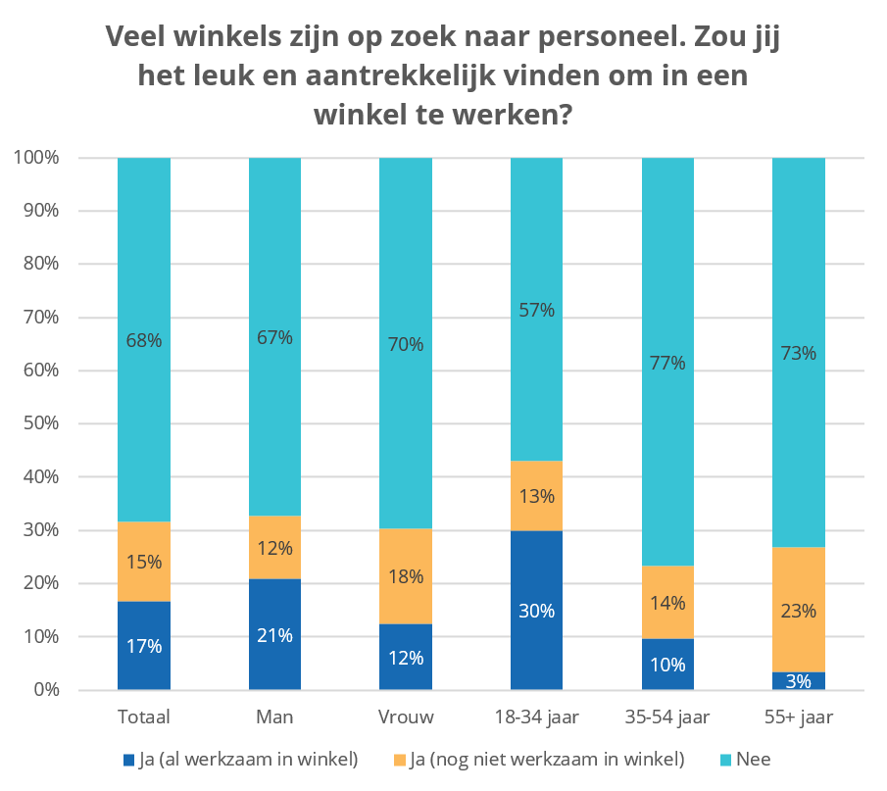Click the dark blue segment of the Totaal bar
point(143,645)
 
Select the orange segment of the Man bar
point(274,547)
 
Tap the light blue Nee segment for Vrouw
point(406,343)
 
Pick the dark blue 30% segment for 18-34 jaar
point(537,611)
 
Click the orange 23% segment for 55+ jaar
point(799,609)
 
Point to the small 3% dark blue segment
point(799,680)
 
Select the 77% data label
point(667,364)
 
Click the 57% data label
point(537,311)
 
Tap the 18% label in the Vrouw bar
point(406,576)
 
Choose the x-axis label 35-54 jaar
point(667,717)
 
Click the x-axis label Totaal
point(143,717)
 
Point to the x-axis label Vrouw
point(406,717)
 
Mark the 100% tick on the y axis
point(37,158)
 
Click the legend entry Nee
point(751,759)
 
